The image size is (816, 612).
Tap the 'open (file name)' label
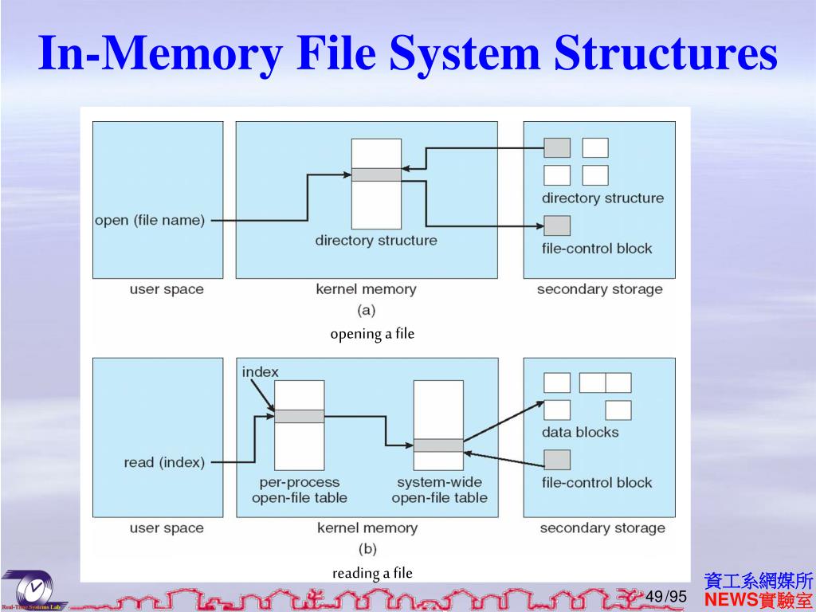pos(149,221)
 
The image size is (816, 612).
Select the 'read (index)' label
pos(164,462)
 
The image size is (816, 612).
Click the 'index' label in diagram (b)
pos(260,372)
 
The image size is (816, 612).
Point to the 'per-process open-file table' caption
pos(300,490)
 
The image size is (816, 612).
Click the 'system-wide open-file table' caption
pos(439,490)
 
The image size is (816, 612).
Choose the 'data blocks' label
pos(580,432)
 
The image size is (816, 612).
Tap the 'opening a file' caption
pos(372,334)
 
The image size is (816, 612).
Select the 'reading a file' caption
pos(372,573)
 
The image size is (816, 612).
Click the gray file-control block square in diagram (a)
pos(557,226)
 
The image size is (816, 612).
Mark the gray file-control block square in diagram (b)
pos(557,460)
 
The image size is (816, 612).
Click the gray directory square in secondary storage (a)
pos(557,147)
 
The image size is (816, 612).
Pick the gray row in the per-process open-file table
pos(300,416)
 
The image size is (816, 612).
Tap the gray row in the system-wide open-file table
pos(438,445)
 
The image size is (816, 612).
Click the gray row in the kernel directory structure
pos(376,175)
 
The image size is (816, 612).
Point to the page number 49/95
pos(665,597)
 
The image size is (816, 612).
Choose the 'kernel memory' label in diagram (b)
pos(367,528)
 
